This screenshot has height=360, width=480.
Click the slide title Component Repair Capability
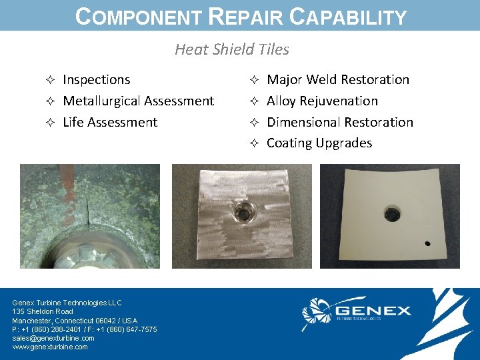[241, 16]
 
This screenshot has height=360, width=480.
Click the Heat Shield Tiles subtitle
[231, 49]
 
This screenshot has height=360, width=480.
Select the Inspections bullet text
[96, 80]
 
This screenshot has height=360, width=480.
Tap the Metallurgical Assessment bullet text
[138, 101]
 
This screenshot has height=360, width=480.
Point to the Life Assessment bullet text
[110, 123]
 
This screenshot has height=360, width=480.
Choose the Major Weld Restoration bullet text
[338, 80]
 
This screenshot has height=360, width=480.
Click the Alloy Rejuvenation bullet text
[322, 101]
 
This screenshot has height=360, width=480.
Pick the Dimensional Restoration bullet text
[340, 123]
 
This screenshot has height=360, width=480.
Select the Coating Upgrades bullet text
[319, 143]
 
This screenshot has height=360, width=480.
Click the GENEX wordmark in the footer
[373, 311]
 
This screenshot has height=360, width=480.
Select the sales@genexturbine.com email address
[53, 338]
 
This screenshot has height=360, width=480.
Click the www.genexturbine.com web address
[50, 347]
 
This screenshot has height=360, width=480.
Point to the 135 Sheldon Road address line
[43, 311]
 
